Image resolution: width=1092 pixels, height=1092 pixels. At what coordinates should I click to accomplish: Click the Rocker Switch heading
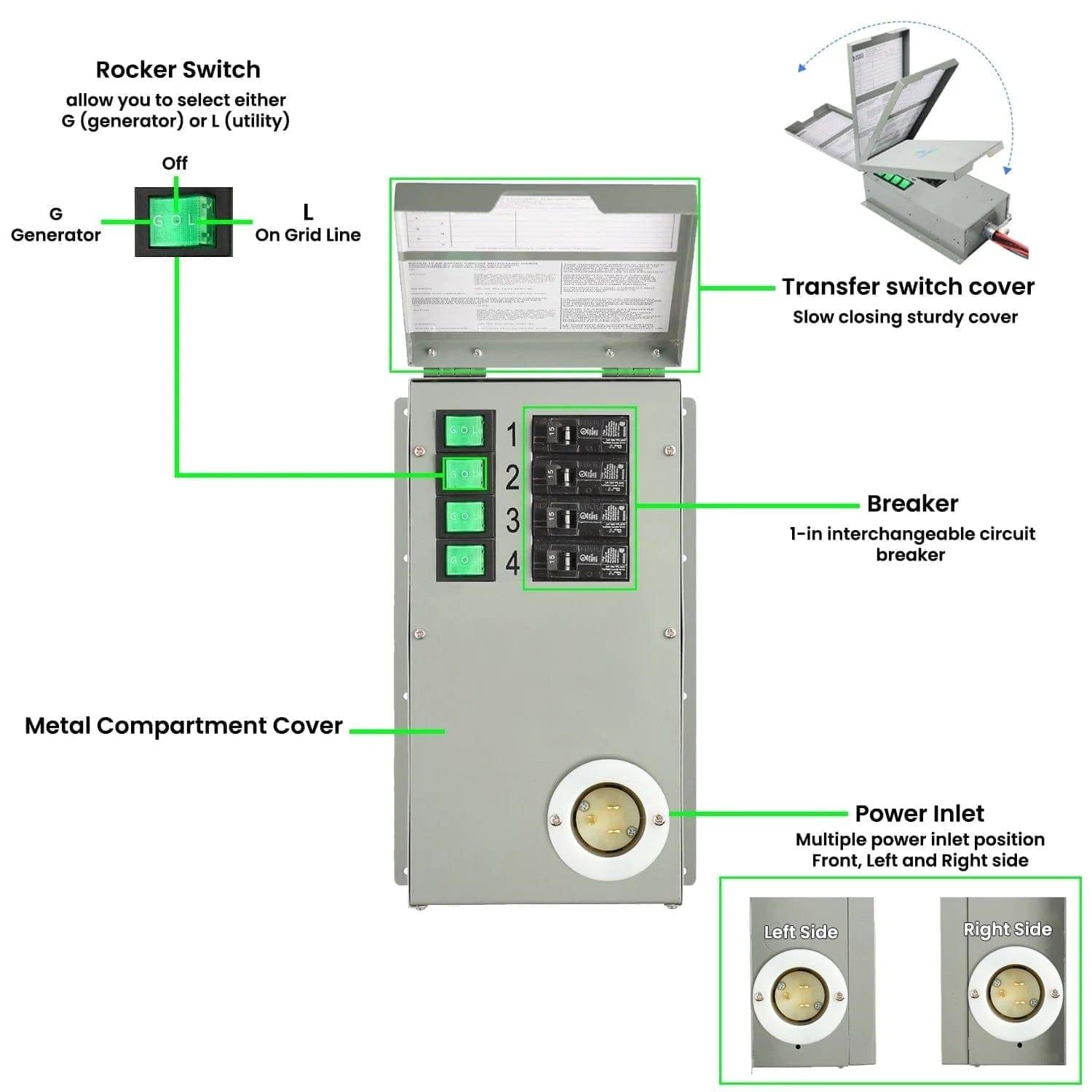point(178,70)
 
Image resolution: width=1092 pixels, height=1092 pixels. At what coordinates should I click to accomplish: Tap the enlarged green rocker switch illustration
point(183,221)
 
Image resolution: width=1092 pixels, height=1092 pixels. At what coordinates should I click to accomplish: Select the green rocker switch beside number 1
point(464,431)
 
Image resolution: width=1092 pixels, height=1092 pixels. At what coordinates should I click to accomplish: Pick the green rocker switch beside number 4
point(464,560)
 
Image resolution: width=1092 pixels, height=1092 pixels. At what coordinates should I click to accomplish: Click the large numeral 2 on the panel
point(513,478)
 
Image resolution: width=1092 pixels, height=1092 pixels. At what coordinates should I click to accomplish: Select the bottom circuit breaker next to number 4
point(580,561)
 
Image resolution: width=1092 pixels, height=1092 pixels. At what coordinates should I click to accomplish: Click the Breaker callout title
point(912,504)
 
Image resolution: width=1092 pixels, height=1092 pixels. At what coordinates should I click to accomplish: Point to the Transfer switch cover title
point(908,287)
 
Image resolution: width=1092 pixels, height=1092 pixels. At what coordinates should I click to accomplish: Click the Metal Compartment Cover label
point(183,726)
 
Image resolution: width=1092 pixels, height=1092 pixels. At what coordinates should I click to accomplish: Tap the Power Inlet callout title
point(919,813)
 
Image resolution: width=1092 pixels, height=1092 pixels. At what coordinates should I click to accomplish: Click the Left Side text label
point(801,932)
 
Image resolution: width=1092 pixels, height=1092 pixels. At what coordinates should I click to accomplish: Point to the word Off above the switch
point(175,163)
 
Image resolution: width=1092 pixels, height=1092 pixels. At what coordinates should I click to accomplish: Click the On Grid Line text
point(308,235)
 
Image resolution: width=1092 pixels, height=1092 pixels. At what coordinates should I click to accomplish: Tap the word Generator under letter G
point(56,235)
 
